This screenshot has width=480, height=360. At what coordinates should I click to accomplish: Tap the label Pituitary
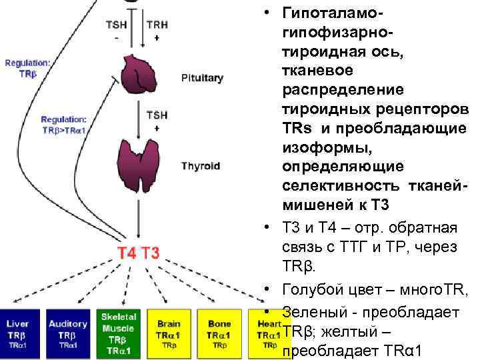pos(203,78)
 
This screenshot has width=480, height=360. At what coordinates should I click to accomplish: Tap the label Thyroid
pos(200,166)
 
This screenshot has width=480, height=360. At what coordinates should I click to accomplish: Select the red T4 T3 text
pos(138,253)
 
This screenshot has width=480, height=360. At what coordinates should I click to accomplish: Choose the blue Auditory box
pos(68,331)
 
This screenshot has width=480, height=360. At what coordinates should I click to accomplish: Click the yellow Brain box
pos(169,331)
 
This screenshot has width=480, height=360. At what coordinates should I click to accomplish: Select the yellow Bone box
pos(219,331)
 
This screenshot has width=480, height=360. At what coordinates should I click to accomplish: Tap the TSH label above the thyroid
pos(157,115)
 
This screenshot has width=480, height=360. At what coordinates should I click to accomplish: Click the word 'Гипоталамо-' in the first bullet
pos(334,13)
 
